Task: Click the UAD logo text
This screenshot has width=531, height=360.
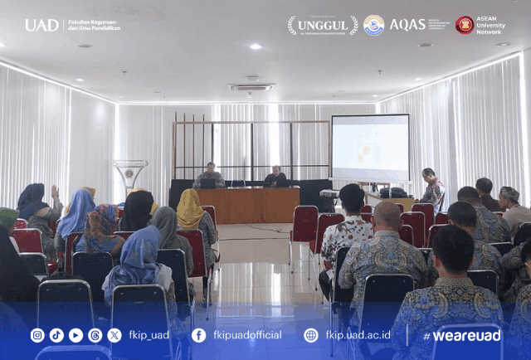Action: (x=41, y=25)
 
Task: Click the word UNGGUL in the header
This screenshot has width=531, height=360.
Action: (x=323, y=26)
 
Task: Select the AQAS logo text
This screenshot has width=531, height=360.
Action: (x=407, y=25)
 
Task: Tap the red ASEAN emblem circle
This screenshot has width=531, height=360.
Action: (x=465, y=25)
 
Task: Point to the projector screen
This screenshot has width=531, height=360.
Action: (x=370, y=148)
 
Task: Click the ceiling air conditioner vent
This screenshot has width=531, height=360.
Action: (x=251, y=86)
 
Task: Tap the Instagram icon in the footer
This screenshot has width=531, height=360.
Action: (x=37, y=335)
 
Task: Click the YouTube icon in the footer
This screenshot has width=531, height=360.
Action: (x=76, y=335)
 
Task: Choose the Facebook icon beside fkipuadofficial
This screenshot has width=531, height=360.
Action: (x=198, y=335)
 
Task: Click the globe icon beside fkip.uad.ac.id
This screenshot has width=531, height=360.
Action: (x=310, y=335)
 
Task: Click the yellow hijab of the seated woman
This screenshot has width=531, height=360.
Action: (x=190, y=208)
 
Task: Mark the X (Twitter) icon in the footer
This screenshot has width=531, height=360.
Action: (x=114, y=335)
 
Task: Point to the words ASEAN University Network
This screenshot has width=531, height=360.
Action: (x=490, y=25)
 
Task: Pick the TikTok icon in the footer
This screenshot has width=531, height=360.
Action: (x=56, y=335)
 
